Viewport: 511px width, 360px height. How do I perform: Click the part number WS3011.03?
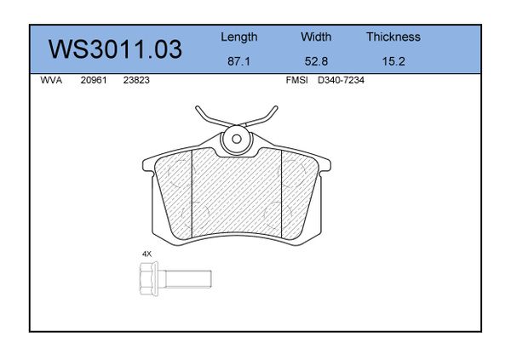point(115,49)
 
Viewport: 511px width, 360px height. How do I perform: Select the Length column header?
point(238,37)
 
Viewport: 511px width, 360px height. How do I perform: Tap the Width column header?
point(316,37)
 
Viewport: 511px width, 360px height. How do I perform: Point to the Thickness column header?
point(393,37)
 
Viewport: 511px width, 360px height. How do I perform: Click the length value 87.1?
point(238,61)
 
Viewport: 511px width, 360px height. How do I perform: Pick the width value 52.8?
point(316,61)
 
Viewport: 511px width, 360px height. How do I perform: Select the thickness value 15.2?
point(393,61)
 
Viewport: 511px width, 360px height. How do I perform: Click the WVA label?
point(51,80)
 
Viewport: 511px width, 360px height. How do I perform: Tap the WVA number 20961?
point(94,80)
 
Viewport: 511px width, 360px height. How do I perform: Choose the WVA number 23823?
point(136,80)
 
